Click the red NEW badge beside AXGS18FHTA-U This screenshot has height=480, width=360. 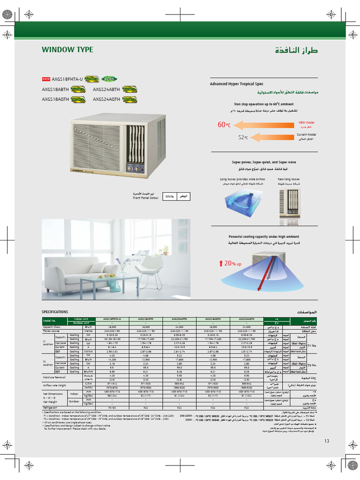coord(46,79)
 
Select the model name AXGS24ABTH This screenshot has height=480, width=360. coord(106,89)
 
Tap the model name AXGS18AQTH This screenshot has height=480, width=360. coord(55,99)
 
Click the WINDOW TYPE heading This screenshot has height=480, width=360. coord(67,50)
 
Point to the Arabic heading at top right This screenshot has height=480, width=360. coord(299,50)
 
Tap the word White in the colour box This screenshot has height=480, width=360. coord(169,197)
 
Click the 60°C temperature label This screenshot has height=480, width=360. coord(224,125)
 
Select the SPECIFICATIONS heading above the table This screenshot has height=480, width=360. coord(55,312)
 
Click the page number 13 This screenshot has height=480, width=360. coord(327,441)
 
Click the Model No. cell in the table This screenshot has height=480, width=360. coord(50,320)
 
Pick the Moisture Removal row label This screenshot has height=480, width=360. coord(53,376)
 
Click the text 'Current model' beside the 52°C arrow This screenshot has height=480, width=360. coord(307,135)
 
